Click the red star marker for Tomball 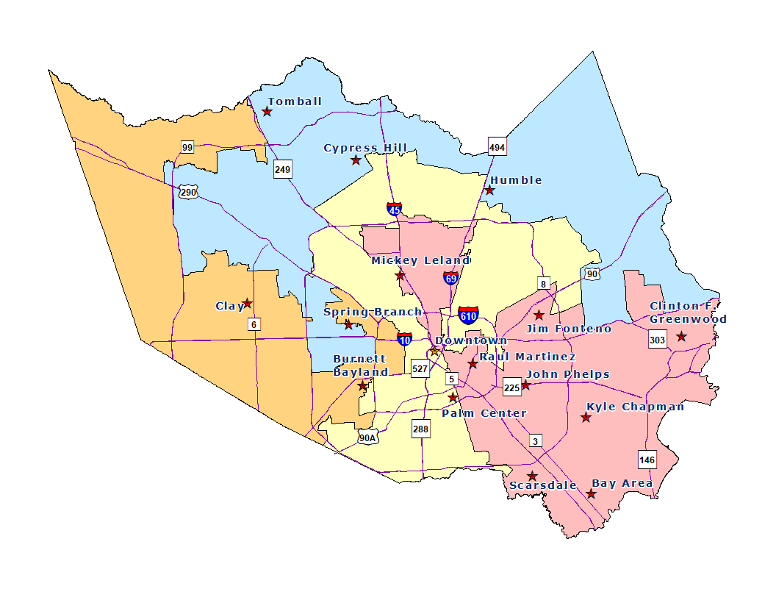[267, 112]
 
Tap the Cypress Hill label [365, 148]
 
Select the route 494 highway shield [497, 148]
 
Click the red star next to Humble [489, 190]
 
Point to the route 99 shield [187, 148]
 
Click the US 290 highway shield [187, 192]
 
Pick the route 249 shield [282, 170]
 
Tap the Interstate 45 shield [395, 210]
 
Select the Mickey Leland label [420, 260]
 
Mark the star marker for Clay [248, 303]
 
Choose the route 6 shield [254, 324]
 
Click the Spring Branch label [373, 312]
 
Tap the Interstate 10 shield [404, 339]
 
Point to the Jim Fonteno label [569, 329]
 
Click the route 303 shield [657, 340]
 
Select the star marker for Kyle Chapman [586, 418]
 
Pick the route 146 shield [647, 460]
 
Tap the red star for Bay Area [591, 494]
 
